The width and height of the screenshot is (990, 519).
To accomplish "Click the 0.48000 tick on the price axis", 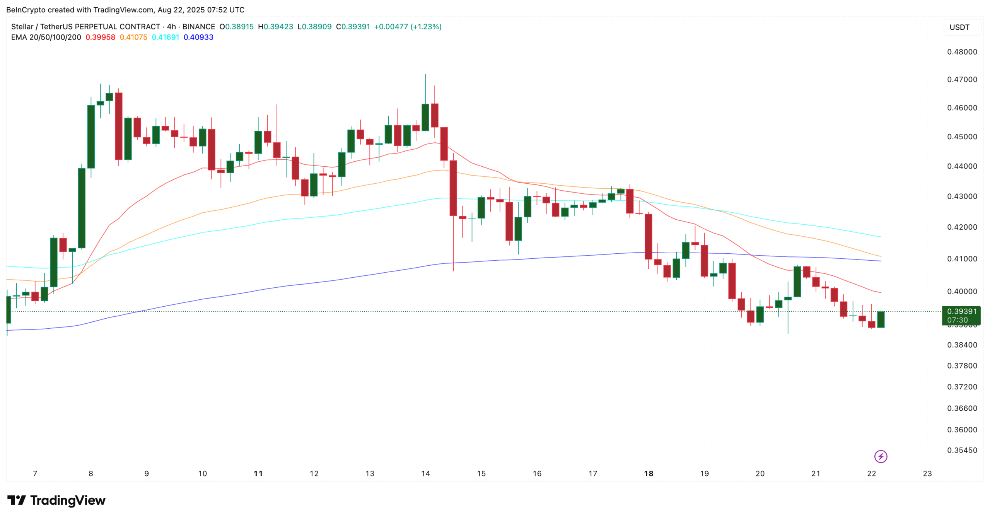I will [961, 52].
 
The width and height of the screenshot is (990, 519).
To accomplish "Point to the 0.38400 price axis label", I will [961, 345].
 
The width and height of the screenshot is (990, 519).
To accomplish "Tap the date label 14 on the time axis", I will [425, 473].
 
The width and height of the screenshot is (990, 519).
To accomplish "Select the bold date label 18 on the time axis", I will [648, 473].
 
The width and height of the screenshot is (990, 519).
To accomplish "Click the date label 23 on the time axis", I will [927, 473].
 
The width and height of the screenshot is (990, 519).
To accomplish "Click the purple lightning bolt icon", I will [881, 456].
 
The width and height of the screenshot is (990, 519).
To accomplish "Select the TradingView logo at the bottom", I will [56, 500].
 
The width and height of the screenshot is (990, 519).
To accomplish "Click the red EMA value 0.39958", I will [100, 38].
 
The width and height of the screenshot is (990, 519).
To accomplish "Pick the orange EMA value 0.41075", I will [133, 38].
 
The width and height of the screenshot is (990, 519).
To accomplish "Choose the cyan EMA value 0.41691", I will [166, 38].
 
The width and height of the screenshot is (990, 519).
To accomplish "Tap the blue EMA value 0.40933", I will [198, 38].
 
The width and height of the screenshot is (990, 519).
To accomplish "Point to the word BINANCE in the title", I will [198, 27].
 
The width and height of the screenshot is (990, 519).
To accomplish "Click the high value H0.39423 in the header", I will [275, 27].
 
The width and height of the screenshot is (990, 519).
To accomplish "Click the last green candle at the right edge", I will [881, 319].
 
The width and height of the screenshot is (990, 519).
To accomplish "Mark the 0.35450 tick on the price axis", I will [961, 450].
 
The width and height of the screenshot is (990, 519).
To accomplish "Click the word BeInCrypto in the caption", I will [26, 10].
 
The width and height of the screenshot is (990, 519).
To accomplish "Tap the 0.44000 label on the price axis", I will [961, 166].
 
